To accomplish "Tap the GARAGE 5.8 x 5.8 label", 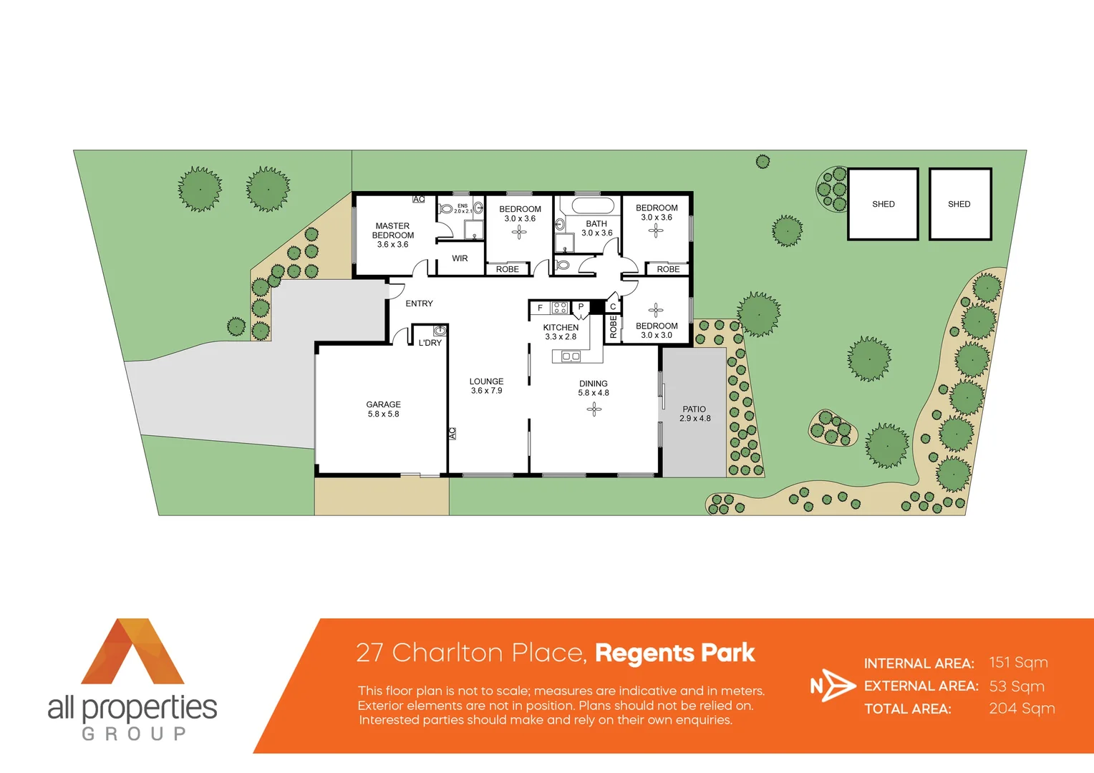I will (383, 409).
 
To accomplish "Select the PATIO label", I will (694, 409).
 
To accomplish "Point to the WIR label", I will (460, 258).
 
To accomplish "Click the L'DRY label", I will (430, 343).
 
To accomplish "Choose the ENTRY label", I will (419, 303).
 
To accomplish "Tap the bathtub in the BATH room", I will (587, 206).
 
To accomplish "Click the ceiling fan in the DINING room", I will (594, 409).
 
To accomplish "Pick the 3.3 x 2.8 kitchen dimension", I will (561, 336).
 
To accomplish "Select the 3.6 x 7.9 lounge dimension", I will (486, 391).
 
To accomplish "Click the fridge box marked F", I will (540, 308).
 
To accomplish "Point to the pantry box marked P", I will (581, 307).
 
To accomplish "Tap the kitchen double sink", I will (571, 356).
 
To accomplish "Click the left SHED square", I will (883, 204).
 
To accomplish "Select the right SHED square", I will (959, 204).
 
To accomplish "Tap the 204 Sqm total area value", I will (1022, 709).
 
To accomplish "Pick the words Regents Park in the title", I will (674, 653).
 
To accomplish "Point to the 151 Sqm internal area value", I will (1018, 663).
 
